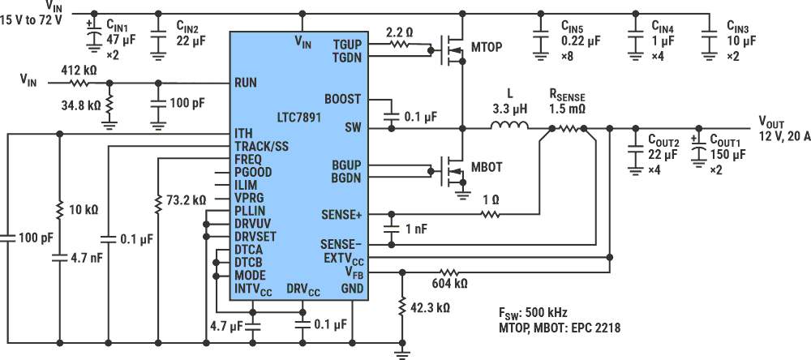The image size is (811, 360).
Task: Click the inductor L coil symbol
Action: coord(508,126)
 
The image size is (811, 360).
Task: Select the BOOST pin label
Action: coord(342,99)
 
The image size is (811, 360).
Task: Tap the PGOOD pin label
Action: coord(253,172)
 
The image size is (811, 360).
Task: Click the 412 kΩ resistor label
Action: coord(79,71)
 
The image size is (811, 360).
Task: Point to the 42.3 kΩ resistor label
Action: coord(430,308)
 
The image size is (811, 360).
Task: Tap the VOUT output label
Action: coord(773,121)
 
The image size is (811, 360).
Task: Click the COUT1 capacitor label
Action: coord(727,139)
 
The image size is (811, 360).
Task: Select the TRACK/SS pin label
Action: coord(261,146)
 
